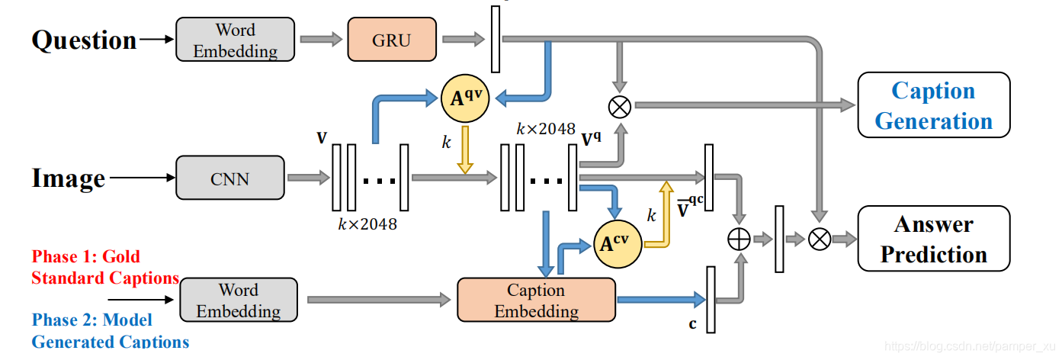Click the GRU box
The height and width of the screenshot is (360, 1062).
click(x=392, y=39)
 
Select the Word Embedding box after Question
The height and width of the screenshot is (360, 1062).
click(x=235, y=40)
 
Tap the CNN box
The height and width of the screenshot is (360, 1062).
click(x=229, y=179)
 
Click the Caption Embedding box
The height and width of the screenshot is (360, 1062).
click(x=536, y=301)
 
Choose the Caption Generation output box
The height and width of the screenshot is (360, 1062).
click(x=933, y=105)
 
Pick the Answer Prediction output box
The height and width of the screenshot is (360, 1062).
click(x=933, y=239)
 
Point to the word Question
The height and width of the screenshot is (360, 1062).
click(x=84, y=40)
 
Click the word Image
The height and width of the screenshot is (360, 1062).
click(x=69, y=178)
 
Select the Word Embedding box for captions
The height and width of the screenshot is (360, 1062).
click(x=239, y=301)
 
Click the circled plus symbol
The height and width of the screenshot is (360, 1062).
click(x=738, y=239)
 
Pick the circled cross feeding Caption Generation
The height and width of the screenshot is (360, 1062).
click(x=619, y=106)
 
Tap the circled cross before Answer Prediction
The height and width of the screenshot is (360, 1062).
click(x=819, y=239)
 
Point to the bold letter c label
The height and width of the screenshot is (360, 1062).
click(x=692, y=324)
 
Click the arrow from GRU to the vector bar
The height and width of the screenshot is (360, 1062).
click(x=464, y=38)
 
